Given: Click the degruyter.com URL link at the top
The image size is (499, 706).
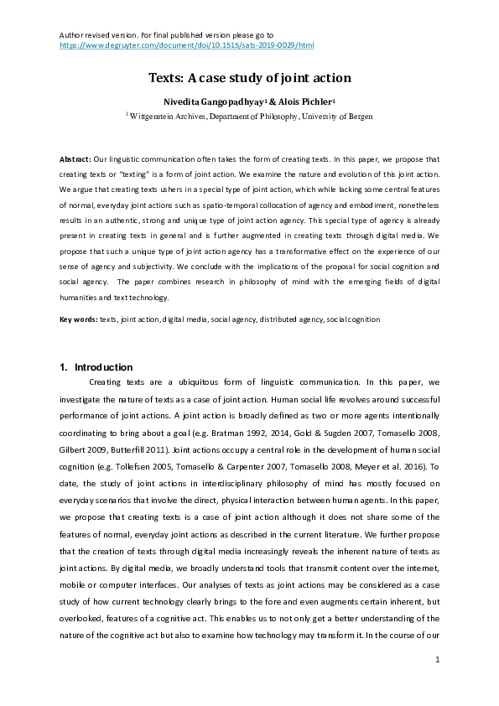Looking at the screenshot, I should click(x=186, y=44).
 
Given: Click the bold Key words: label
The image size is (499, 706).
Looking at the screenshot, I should click(x=78, y=319).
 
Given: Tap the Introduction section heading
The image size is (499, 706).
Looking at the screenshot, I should click(x=103, y=367).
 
